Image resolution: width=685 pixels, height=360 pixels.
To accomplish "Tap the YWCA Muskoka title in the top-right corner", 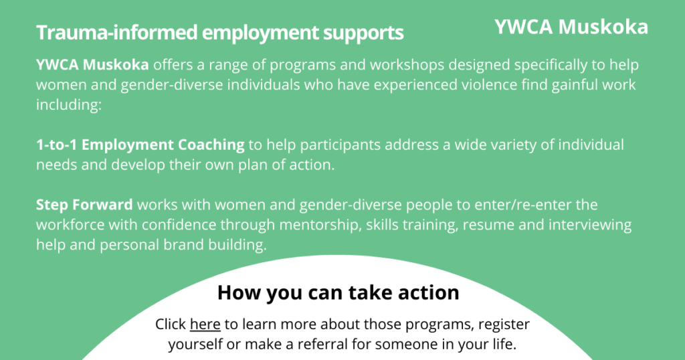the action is pyautogui.click(x=571, y=27).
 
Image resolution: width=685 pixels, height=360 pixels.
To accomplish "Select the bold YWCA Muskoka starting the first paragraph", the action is pyautogui.click(x=92, y=65).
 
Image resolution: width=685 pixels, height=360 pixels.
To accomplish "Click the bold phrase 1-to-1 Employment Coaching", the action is pyautogui.click(x=140, y=145).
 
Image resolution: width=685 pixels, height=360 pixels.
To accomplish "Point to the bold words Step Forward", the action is pyautogui.click(x=84, y=205).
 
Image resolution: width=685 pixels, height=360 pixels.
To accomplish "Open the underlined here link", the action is pyautogui.click(x=205, y=324).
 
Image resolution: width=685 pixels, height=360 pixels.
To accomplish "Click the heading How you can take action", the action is pyautogui.click(x=338, y=292).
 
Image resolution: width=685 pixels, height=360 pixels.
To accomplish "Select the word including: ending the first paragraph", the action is pyautogui.click(x=69, y=105).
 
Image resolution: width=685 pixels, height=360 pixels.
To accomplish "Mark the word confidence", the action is pyautogui.click(x=179, y=225).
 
